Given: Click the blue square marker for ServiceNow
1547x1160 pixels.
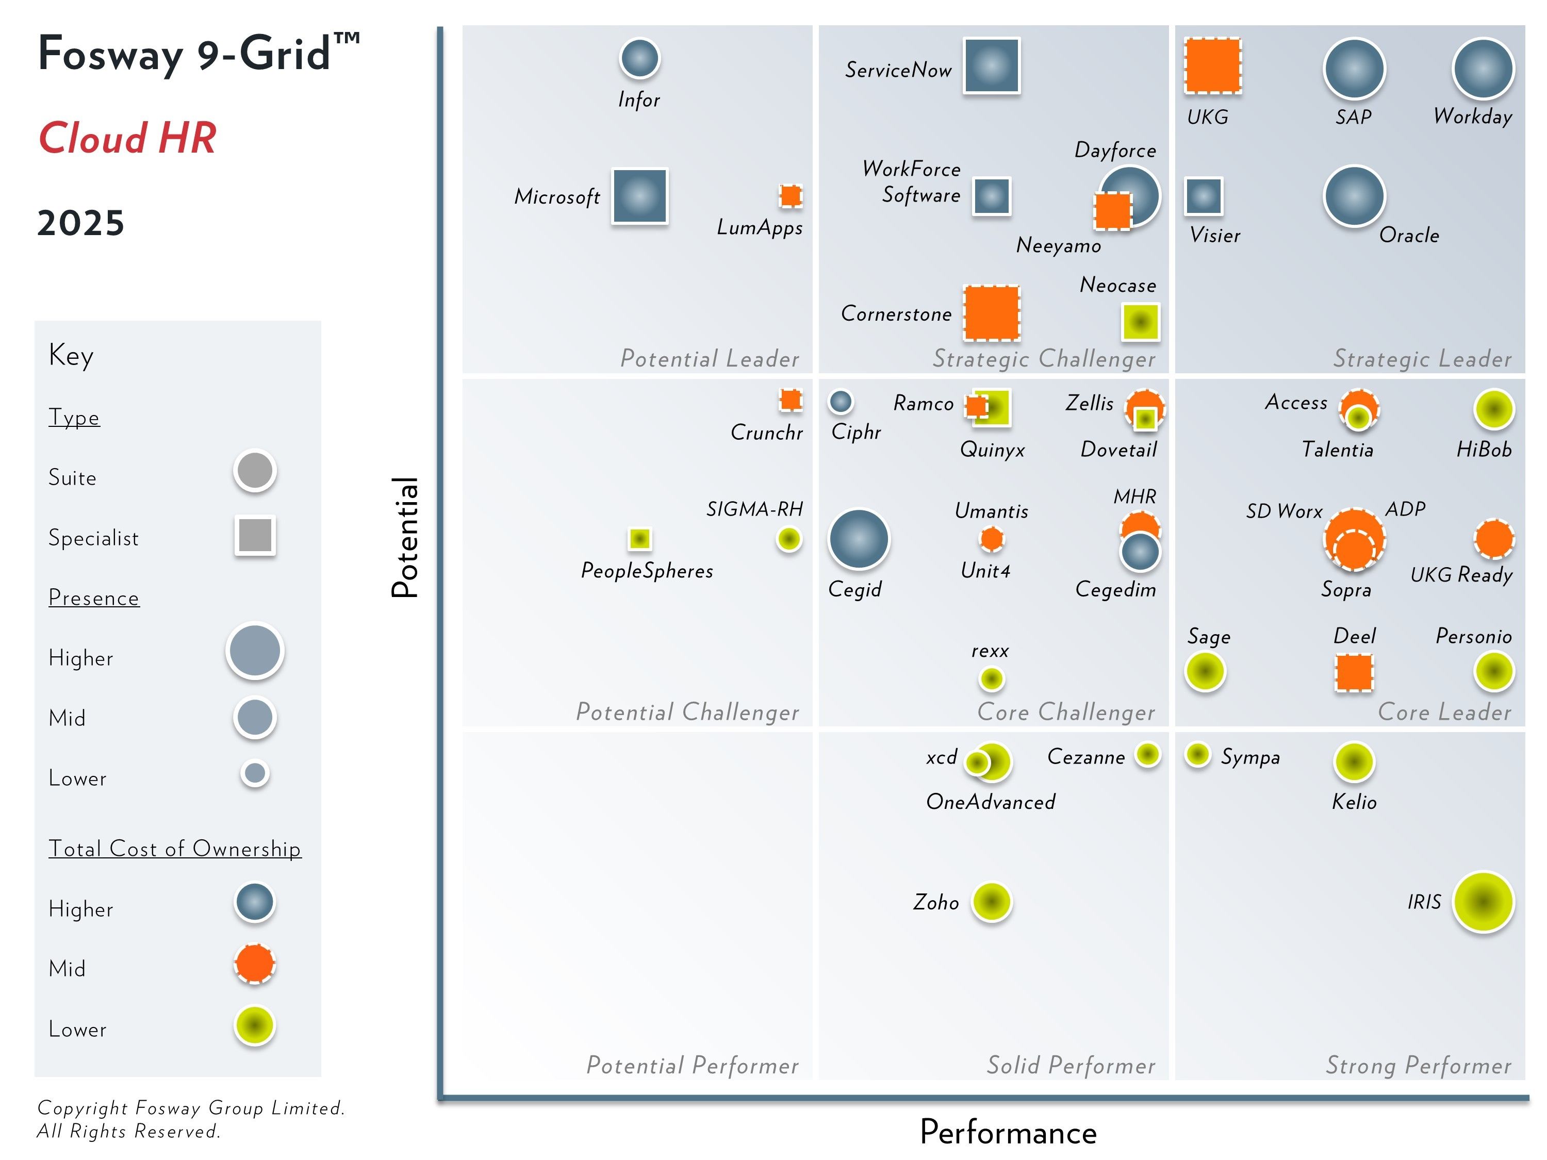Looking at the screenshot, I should [x=991, y=65].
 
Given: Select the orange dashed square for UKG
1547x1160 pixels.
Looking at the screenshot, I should [x=1212, y=65].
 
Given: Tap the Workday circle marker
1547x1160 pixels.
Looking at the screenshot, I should [x=1483, y=69].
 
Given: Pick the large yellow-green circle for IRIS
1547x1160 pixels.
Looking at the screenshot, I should [x=1483, y=901].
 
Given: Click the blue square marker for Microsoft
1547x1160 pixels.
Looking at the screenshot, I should [x=639, y=196].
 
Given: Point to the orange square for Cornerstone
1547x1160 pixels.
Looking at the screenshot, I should [x=991, y=313].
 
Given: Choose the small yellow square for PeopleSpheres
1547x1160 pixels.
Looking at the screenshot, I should [x=639, y=538].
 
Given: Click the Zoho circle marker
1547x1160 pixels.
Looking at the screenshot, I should [x=991, y=901].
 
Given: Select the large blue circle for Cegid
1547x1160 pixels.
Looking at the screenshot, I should [x=858, y=538].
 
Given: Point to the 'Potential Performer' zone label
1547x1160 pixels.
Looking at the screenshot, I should [x=692, y=1065].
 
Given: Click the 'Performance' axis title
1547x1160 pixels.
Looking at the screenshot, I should [x=1008, y=1132].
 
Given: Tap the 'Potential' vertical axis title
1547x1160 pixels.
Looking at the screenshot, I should [x=404, y=537].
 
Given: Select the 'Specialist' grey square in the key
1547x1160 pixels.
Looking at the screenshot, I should [x=255, y=536].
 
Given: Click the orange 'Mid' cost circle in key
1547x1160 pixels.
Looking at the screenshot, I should [x=255, y=964].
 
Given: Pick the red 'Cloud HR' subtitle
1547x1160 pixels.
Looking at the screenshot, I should [x=127, y=138].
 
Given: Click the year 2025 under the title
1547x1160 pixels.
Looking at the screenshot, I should [x=80, y=223].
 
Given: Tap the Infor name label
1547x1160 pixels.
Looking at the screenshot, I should [x=638, y=100].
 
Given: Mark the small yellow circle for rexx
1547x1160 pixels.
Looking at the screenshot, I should [x=991, y=678].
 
